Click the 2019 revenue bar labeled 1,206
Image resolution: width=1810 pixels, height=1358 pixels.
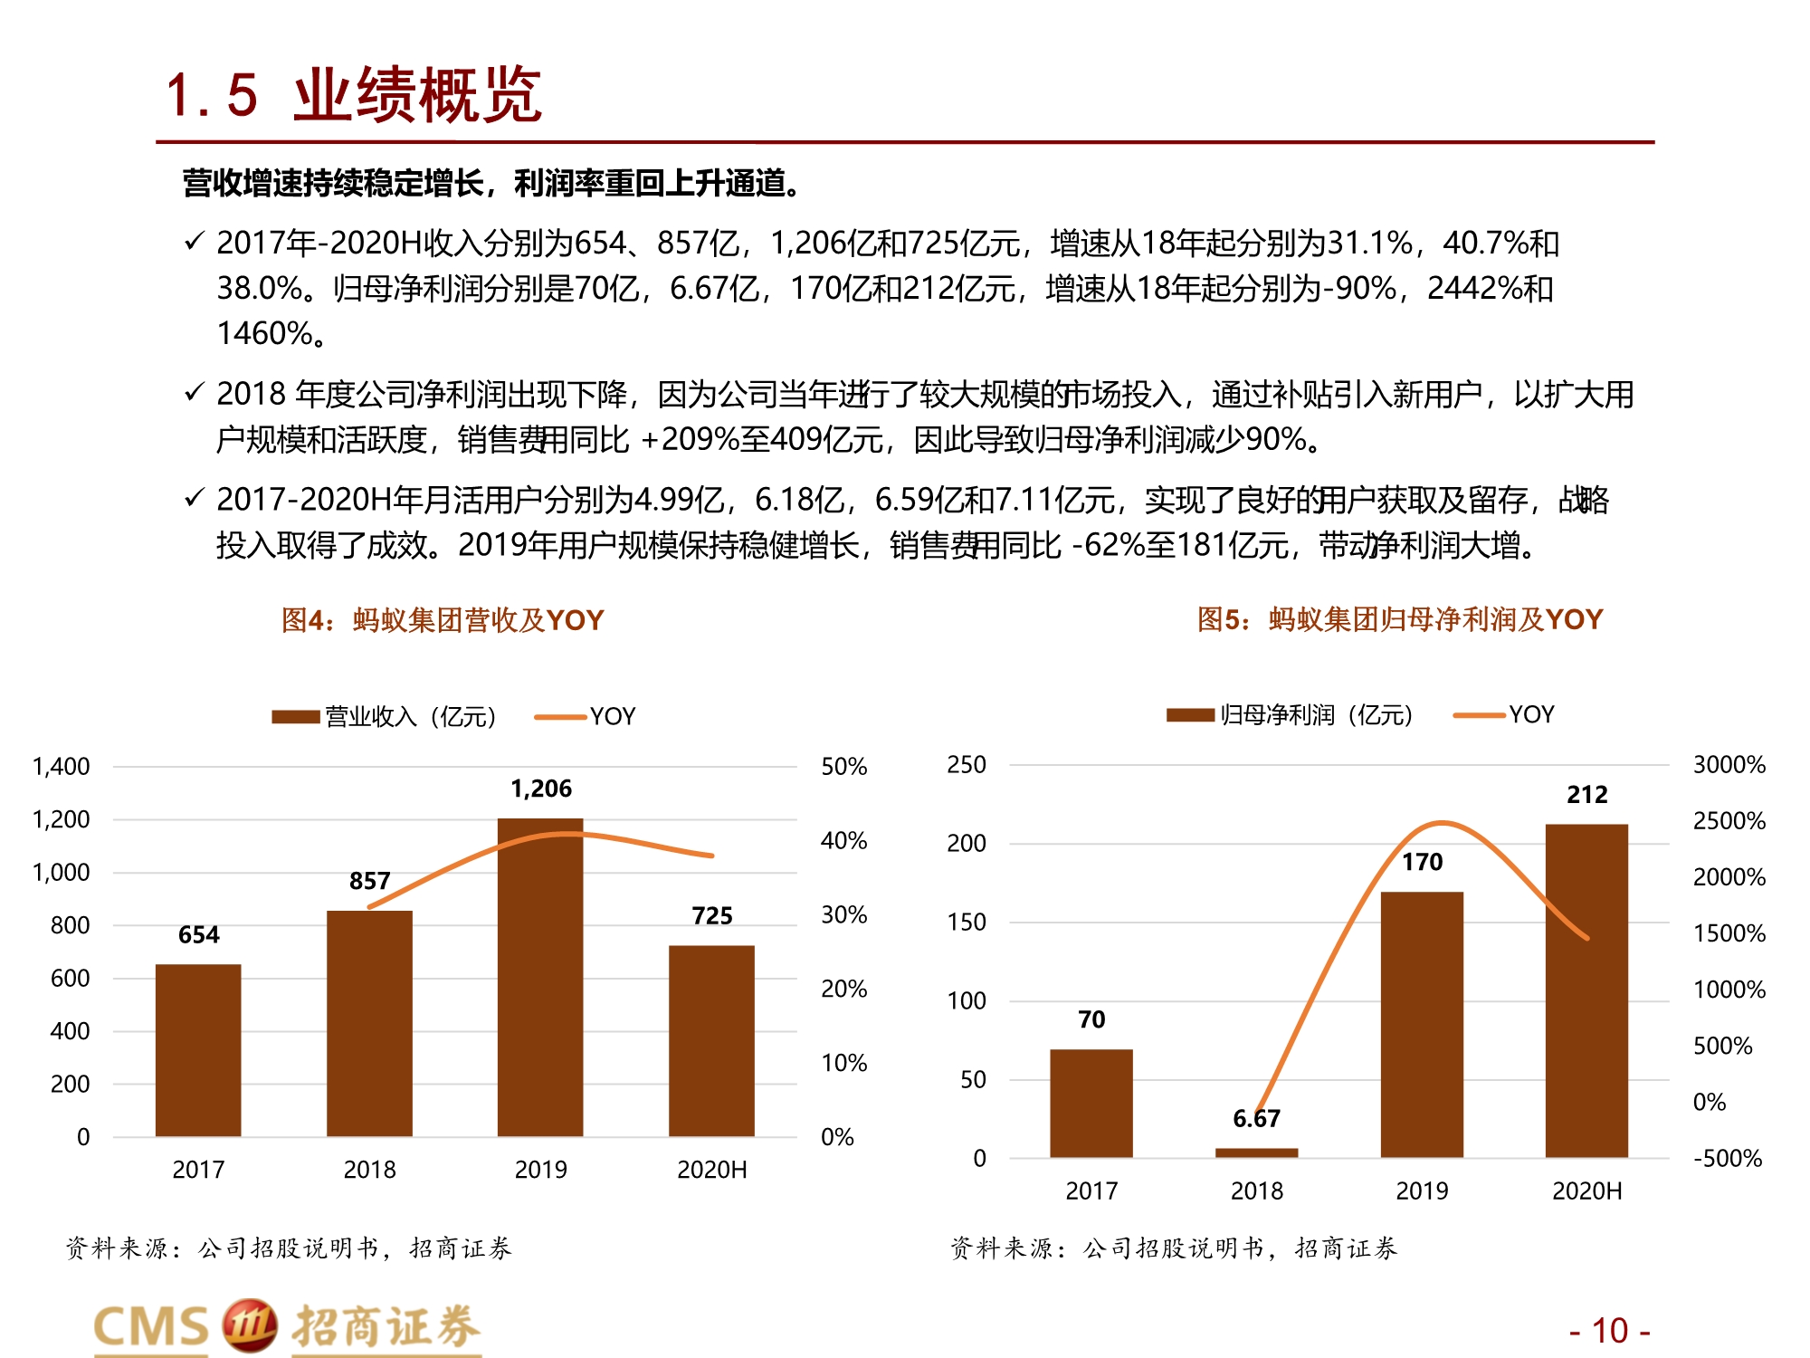pyautogui.click(x=540, y=978)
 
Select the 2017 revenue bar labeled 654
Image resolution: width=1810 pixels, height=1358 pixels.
pyautogui.click(x=198, y=1050)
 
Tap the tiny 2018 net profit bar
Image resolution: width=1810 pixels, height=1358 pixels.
pyautogui.click(x=1256, y=1152)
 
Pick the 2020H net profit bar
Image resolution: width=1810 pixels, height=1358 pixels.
pyautogui.click(x=1586, y=990)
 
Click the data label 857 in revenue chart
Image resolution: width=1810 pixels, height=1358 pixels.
pyautogui.click(x=369, y=881)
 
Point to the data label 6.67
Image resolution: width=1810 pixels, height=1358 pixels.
pyautogui.click(x=1256, y=1119)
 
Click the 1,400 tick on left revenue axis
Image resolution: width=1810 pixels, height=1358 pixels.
pyautogui.click(x=61, y=767)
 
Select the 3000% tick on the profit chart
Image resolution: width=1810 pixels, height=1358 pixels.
pyautogui.click(x=1729, y=765)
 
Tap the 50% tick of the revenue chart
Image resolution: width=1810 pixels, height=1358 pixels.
pyautogui.click(x=843, y=767)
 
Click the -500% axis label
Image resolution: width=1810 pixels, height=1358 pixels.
pyautogui.click(x=1727, y=1159)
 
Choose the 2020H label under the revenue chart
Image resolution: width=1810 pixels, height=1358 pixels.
pyautogui.click(x=711, y=1170)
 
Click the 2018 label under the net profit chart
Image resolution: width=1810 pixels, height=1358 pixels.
pyautogui.click(x=1256, y=1191)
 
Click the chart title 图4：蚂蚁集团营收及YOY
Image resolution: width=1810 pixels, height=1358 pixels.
pyautogui.click(x=443, y=620)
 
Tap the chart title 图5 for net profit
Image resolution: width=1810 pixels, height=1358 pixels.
pyautogui.click(x=1399, y=619)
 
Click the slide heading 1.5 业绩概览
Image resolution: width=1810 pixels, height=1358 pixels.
pyautogui.click(x=354, y=95)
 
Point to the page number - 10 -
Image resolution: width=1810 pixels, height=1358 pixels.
pyautogui.click(x=1609, y=1331)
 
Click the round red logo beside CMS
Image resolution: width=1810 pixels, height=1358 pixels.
pyautogui.click(x=249, y=1326)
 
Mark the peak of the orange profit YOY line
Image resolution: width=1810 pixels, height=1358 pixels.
pyautogui.click(x=1441, y=823)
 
